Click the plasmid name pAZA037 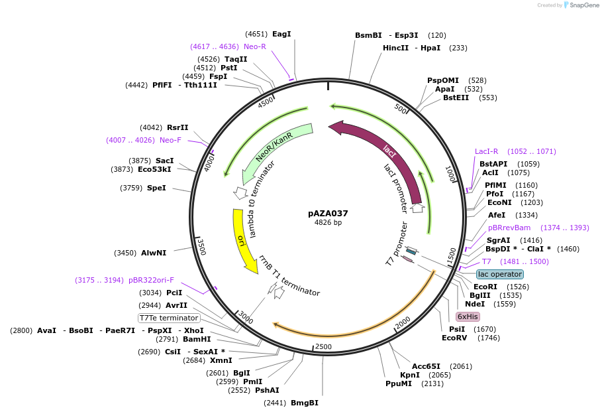pyautogui.click(x=328, y=214)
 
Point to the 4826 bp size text pyautogui.click(x=328, y=222)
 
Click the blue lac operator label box pyautogui.click(x=500, y=274)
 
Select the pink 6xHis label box pyautogui.click(x=468, y=316)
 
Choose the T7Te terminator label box pyautogui.click(x=169, y=318)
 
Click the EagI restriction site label pyautogui.click(x=281, y=34)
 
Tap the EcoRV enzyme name pyautogui.click(x=454, y=338)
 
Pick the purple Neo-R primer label pyautogui.click(x=255, y=46)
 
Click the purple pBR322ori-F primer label pyautogui.click(x=151, y=280)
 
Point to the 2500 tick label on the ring pyautogui.click(x=323, y=347)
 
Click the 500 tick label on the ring pyautogui.click(x=401, y=109)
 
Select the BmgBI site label pyautogui.click(x=305, y=403)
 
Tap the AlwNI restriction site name pyautogui.click(x=154, y=253)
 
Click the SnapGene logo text pyautogui.click(x=584, y=5)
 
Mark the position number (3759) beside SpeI pyautogui.click(x=131, y=188)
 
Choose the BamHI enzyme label pyautogui.click(x=197, y=339)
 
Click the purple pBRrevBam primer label pyautogui.click(x=509, y=228)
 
